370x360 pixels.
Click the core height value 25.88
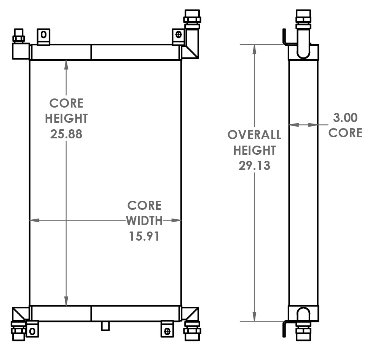tap(66, 134)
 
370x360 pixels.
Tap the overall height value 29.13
tap(254, 166)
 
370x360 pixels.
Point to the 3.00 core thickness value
tap(345, 118)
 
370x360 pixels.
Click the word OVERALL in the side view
tap(254, 135)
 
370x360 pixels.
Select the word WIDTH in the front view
tap(144, 220)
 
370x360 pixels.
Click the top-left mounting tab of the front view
tap(43, 35)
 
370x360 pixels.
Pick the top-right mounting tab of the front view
tap(178, 36)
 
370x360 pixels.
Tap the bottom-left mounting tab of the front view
tap(32, 330)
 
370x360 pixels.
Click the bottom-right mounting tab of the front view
tap(167, 329)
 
